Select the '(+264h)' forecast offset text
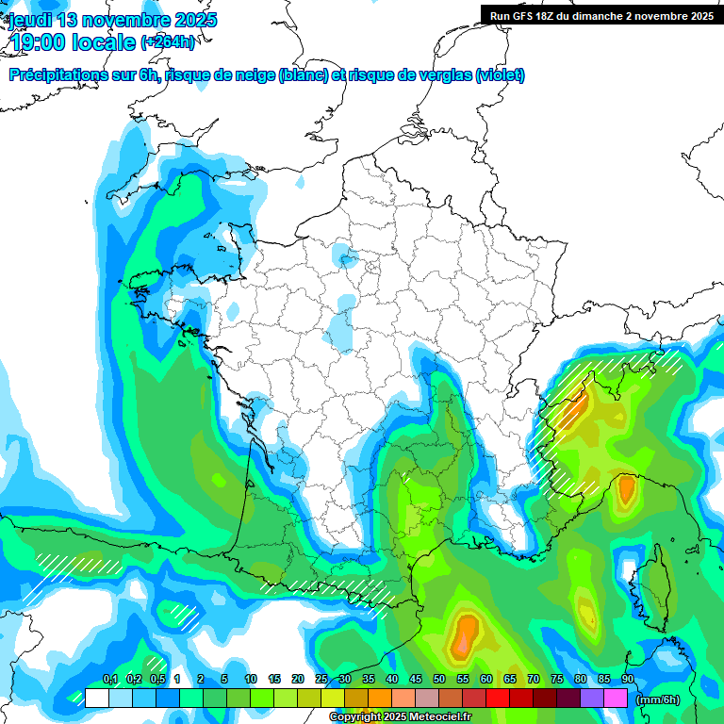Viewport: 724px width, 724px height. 168,42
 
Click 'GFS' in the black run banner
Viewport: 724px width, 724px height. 523,16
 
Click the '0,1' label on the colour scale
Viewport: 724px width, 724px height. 110,680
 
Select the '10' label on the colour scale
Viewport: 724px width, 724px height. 251,680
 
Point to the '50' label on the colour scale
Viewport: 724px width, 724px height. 439,680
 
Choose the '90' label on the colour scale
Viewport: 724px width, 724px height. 628,680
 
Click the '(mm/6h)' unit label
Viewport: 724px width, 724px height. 658,699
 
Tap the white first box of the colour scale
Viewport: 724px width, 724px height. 96,699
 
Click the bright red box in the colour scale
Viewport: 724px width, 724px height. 498,699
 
